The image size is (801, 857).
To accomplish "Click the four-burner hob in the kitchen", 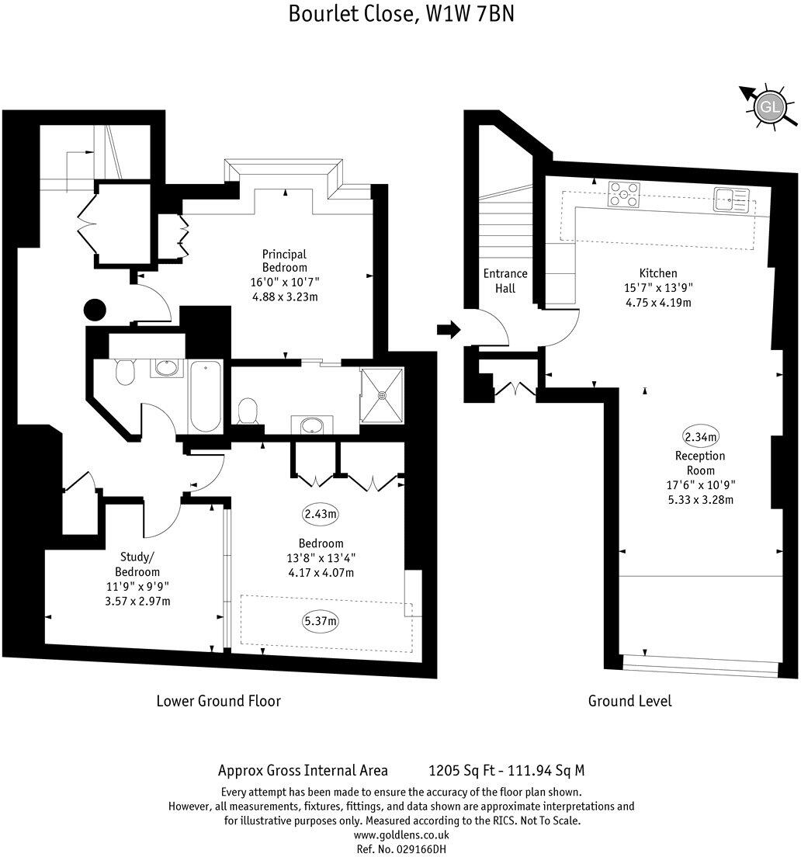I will [624, 194].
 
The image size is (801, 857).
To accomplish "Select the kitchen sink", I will [731, 200].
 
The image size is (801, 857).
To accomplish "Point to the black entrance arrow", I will [449, 330].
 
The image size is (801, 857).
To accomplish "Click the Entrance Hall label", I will [505, 280].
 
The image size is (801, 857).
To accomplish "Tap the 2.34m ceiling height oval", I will [700, 435].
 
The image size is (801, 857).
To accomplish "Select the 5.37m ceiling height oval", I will [321, 620].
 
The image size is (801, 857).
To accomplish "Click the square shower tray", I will [382, 394].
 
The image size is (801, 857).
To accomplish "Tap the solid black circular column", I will [95, 310].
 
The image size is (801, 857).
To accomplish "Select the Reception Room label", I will [699, 463].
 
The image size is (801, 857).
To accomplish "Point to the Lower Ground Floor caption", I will [218, 701].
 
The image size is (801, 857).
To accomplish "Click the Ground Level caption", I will [629, 701].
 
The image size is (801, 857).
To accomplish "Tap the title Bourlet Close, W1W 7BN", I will [400, 14].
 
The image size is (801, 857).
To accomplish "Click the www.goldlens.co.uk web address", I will [400, 835].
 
